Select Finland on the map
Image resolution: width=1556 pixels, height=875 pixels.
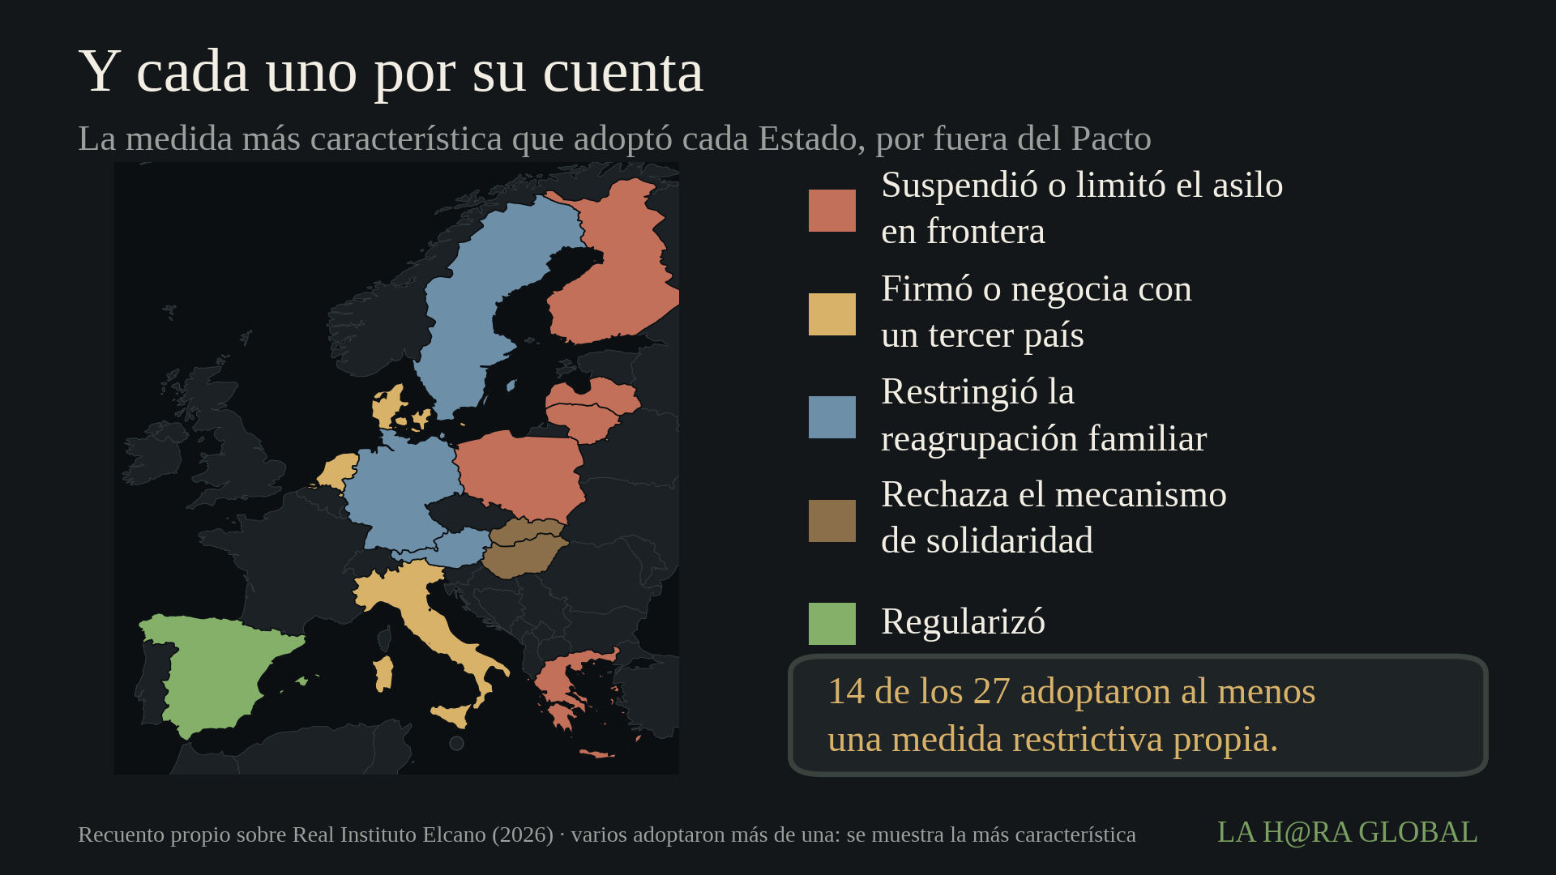[616, 267]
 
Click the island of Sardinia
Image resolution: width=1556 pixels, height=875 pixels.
[383, 673]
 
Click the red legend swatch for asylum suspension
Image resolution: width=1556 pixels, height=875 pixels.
[831, 211]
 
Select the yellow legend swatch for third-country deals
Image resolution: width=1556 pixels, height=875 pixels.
[831, 314]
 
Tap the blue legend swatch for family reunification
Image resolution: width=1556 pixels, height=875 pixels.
[831, 417]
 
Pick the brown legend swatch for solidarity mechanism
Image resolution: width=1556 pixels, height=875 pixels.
[831, 521]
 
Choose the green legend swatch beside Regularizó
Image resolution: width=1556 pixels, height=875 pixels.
[831, 624]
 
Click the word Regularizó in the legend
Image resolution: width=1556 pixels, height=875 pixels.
[963, 622]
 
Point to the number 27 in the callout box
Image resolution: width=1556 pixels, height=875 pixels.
[991, 691]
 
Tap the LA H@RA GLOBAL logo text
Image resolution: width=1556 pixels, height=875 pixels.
[1347, 832]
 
